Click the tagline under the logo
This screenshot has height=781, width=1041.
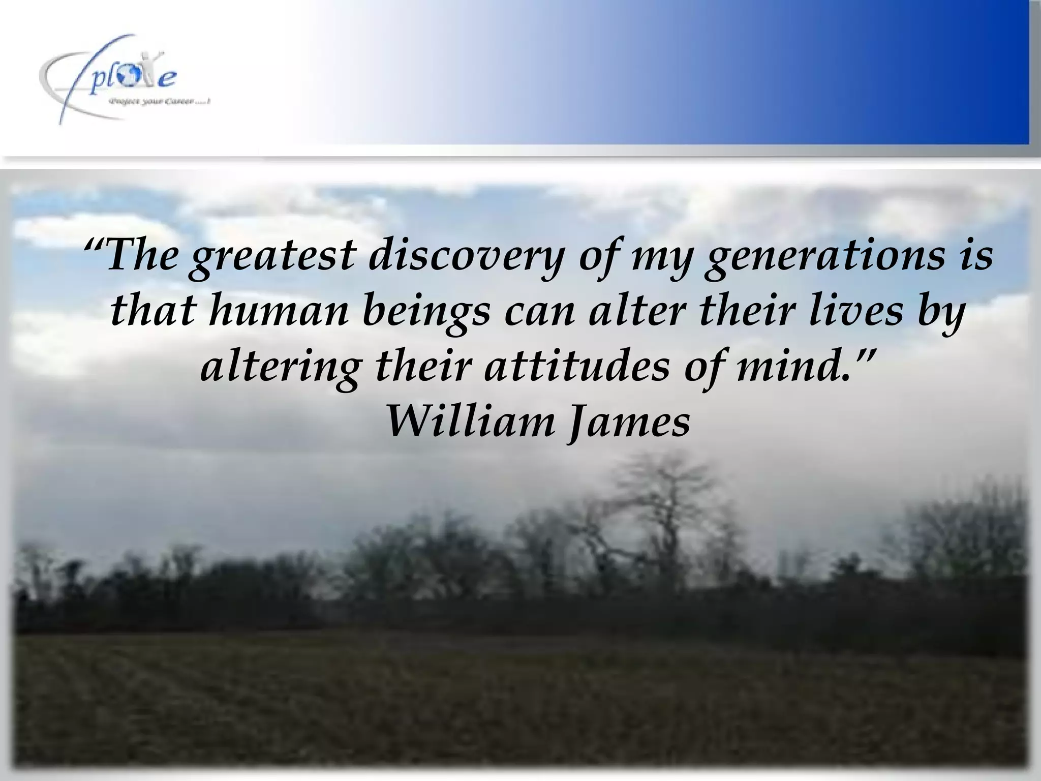[159, 102]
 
